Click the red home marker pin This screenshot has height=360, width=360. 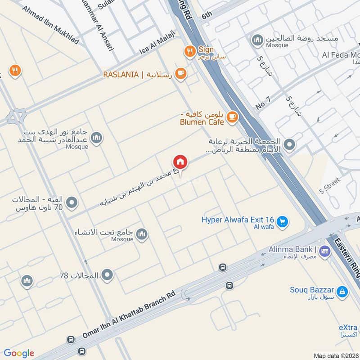pos(180,162)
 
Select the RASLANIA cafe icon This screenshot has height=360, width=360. pos(180,73)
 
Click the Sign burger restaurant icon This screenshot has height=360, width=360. pos(189,51)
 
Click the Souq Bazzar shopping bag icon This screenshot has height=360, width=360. pos(342,292)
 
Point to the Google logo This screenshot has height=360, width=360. pos(19,353)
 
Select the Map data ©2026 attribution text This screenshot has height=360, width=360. pos(336,355)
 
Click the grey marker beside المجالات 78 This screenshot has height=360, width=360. pos(107,274)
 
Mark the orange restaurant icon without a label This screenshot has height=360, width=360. pos(15,71)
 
